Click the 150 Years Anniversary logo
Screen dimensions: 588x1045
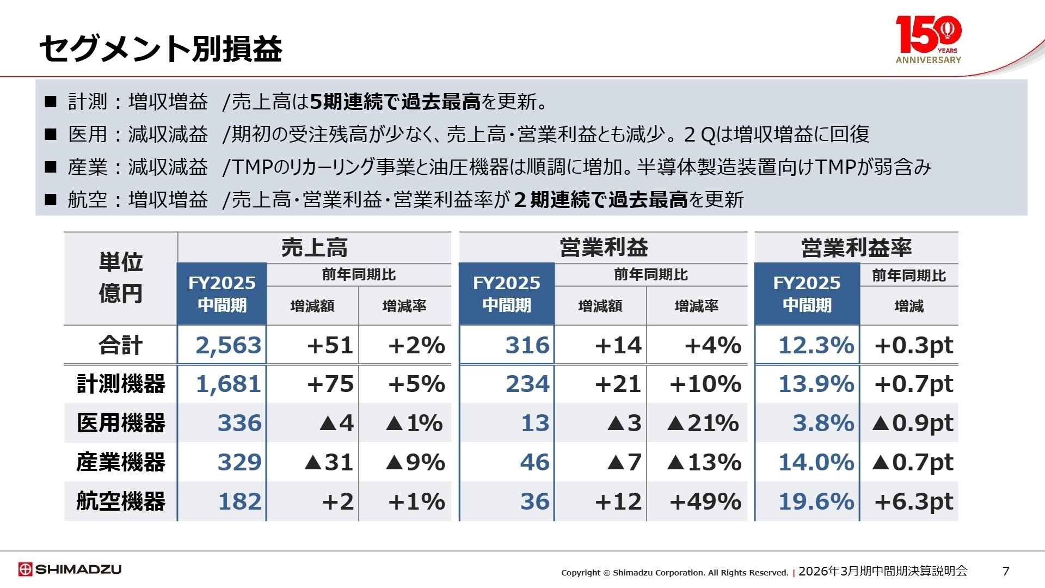pyautogui.click(x=928, y=39)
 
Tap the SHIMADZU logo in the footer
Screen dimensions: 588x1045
pyautogui.click(x=70, y=569)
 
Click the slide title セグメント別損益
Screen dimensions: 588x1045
pyautogui.click(x=161, y=48)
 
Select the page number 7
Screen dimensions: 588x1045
pyautogui.click(x=1006, y=571)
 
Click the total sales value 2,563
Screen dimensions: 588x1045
pyautogui.click(x=228, y=345)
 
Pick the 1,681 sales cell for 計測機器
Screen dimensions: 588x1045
pyautogui.click(x=228, y=384)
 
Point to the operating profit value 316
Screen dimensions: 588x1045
pyautogui.click(x=527, y=345)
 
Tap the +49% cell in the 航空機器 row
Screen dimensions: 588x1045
pyautogui.click(x=705, y=501)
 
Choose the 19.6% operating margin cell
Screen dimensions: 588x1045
pyautogui.click(x=816, y=501)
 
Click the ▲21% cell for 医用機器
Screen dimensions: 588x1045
pyautogui.click(x=703, y=423)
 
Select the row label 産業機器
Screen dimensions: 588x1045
pyautogui.click(x=121, y=462)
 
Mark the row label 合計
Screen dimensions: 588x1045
pyautogui.click(x=121, y=345)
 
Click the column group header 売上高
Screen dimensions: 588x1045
pyautogui.click(x=314, y=248)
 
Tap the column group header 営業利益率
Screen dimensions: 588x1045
pyautogui.click(x=856, y=248)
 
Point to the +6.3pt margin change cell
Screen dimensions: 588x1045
pyautogui.click(x=913, y=501)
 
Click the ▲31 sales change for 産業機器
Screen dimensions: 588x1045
pyautogui.click(x=329, y=462)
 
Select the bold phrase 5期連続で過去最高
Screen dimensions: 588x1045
pyautogui.click(x=395, y=102)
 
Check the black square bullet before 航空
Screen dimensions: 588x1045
pyautogui.click(x=51, y=200)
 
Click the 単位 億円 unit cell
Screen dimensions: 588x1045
pyautogui.click(x=121, y=278)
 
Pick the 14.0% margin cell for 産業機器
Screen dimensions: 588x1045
pyautogui.click(x=816, y=462)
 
